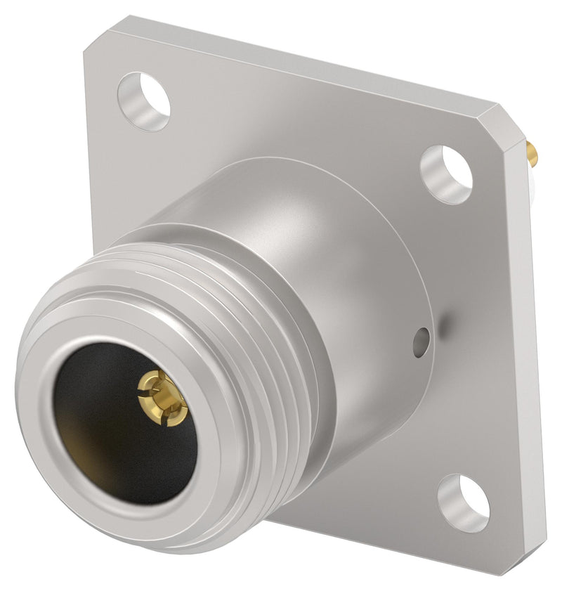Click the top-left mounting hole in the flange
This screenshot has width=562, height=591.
pyautogui.click(x=144, y=101)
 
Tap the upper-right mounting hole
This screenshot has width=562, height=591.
pyautogui.click(x=447, y=174)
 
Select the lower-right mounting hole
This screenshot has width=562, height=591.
pyautogui.click(x=463, y=502)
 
